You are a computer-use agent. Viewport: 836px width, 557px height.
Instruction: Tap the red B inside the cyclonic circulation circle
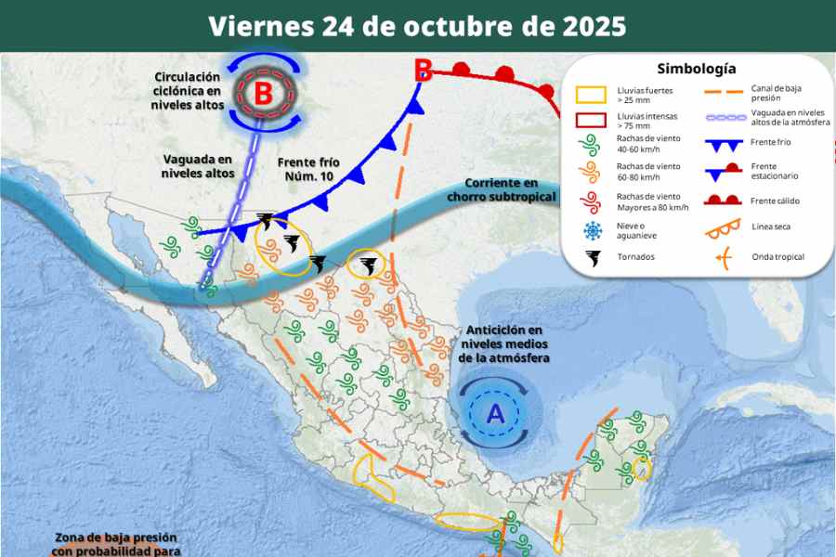click(264, 93)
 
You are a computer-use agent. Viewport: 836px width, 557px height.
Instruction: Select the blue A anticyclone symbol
click(495, 413)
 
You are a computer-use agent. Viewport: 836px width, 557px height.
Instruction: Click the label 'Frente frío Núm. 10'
click(310, 169)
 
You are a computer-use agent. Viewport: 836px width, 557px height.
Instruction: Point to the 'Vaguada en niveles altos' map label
click(197, 165)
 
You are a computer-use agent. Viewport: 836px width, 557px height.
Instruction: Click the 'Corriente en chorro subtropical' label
click(502, 190)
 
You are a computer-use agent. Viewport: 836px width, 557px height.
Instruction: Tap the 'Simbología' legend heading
click(696, 69)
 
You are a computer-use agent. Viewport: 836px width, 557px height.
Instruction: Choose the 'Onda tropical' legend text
click(777, 257)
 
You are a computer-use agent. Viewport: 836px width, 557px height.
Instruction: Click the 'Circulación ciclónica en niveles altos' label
click(188, 91)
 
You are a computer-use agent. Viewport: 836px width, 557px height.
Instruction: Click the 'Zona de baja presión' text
click(115, 538)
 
